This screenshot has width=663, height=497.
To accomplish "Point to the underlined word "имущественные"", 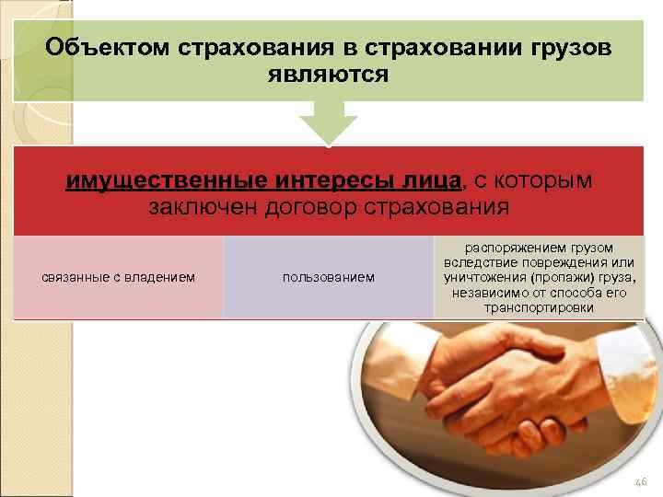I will click(165, 179).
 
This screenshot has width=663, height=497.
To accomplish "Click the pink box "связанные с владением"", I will click(118, 277).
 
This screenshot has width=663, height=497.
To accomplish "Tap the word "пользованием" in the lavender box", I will click(329, 277).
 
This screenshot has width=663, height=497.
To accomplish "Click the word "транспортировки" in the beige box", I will click(539, 306).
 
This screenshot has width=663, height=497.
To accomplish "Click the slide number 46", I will click(641, 480).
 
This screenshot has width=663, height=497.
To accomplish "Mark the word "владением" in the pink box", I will click(163, 277).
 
